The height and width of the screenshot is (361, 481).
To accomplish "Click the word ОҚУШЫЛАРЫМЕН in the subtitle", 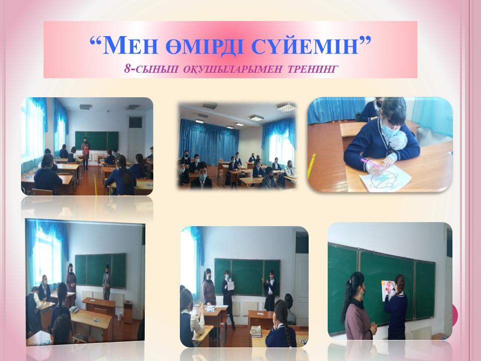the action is (232, 69).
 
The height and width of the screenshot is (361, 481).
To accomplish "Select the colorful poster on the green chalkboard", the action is (388, 289).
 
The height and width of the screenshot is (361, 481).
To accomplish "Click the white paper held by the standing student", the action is (230, 286).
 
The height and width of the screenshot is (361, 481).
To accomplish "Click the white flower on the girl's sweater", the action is (398, 139).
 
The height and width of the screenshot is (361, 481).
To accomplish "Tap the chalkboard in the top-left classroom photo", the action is (97, 140).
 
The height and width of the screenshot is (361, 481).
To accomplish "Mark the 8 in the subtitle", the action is (127, 69).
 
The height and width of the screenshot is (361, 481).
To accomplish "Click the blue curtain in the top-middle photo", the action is (208, 143).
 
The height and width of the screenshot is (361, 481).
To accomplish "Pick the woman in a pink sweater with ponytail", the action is (358, 306).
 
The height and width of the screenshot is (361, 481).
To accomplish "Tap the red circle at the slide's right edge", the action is (455, 315).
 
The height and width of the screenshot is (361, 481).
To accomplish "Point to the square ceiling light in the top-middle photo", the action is (286, 107).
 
